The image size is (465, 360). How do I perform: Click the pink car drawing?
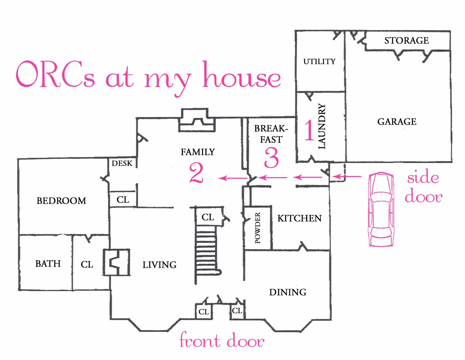(381, 209)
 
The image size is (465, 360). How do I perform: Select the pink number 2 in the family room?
(196, 173)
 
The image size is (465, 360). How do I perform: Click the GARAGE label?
(397, 121)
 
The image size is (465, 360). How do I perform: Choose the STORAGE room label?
(406, 40)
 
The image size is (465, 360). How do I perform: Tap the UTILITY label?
(319, 62)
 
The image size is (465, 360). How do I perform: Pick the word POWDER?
(258, 228)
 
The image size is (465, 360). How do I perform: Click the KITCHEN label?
(299, 218)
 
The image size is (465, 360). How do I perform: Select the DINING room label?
(288, 292)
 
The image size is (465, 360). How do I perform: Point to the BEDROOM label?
(61, 201)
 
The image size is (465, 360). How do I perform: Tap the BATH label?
(48, 264)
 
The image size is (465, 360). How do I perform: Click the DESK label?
(122, 163)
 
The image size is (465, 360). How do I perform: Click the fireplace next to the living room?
(117, 262)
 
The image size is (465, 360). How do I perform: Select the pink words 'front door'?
(222, 340)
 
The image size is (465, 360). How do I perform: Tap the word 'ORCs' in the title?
(55, 74)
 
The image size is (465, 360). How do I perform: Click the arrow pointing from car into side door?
(347, 177)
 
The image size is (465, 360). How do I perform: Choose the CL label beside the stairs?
(208, 217)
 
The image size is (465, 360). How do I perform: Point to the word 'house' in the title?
(242, 74)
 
